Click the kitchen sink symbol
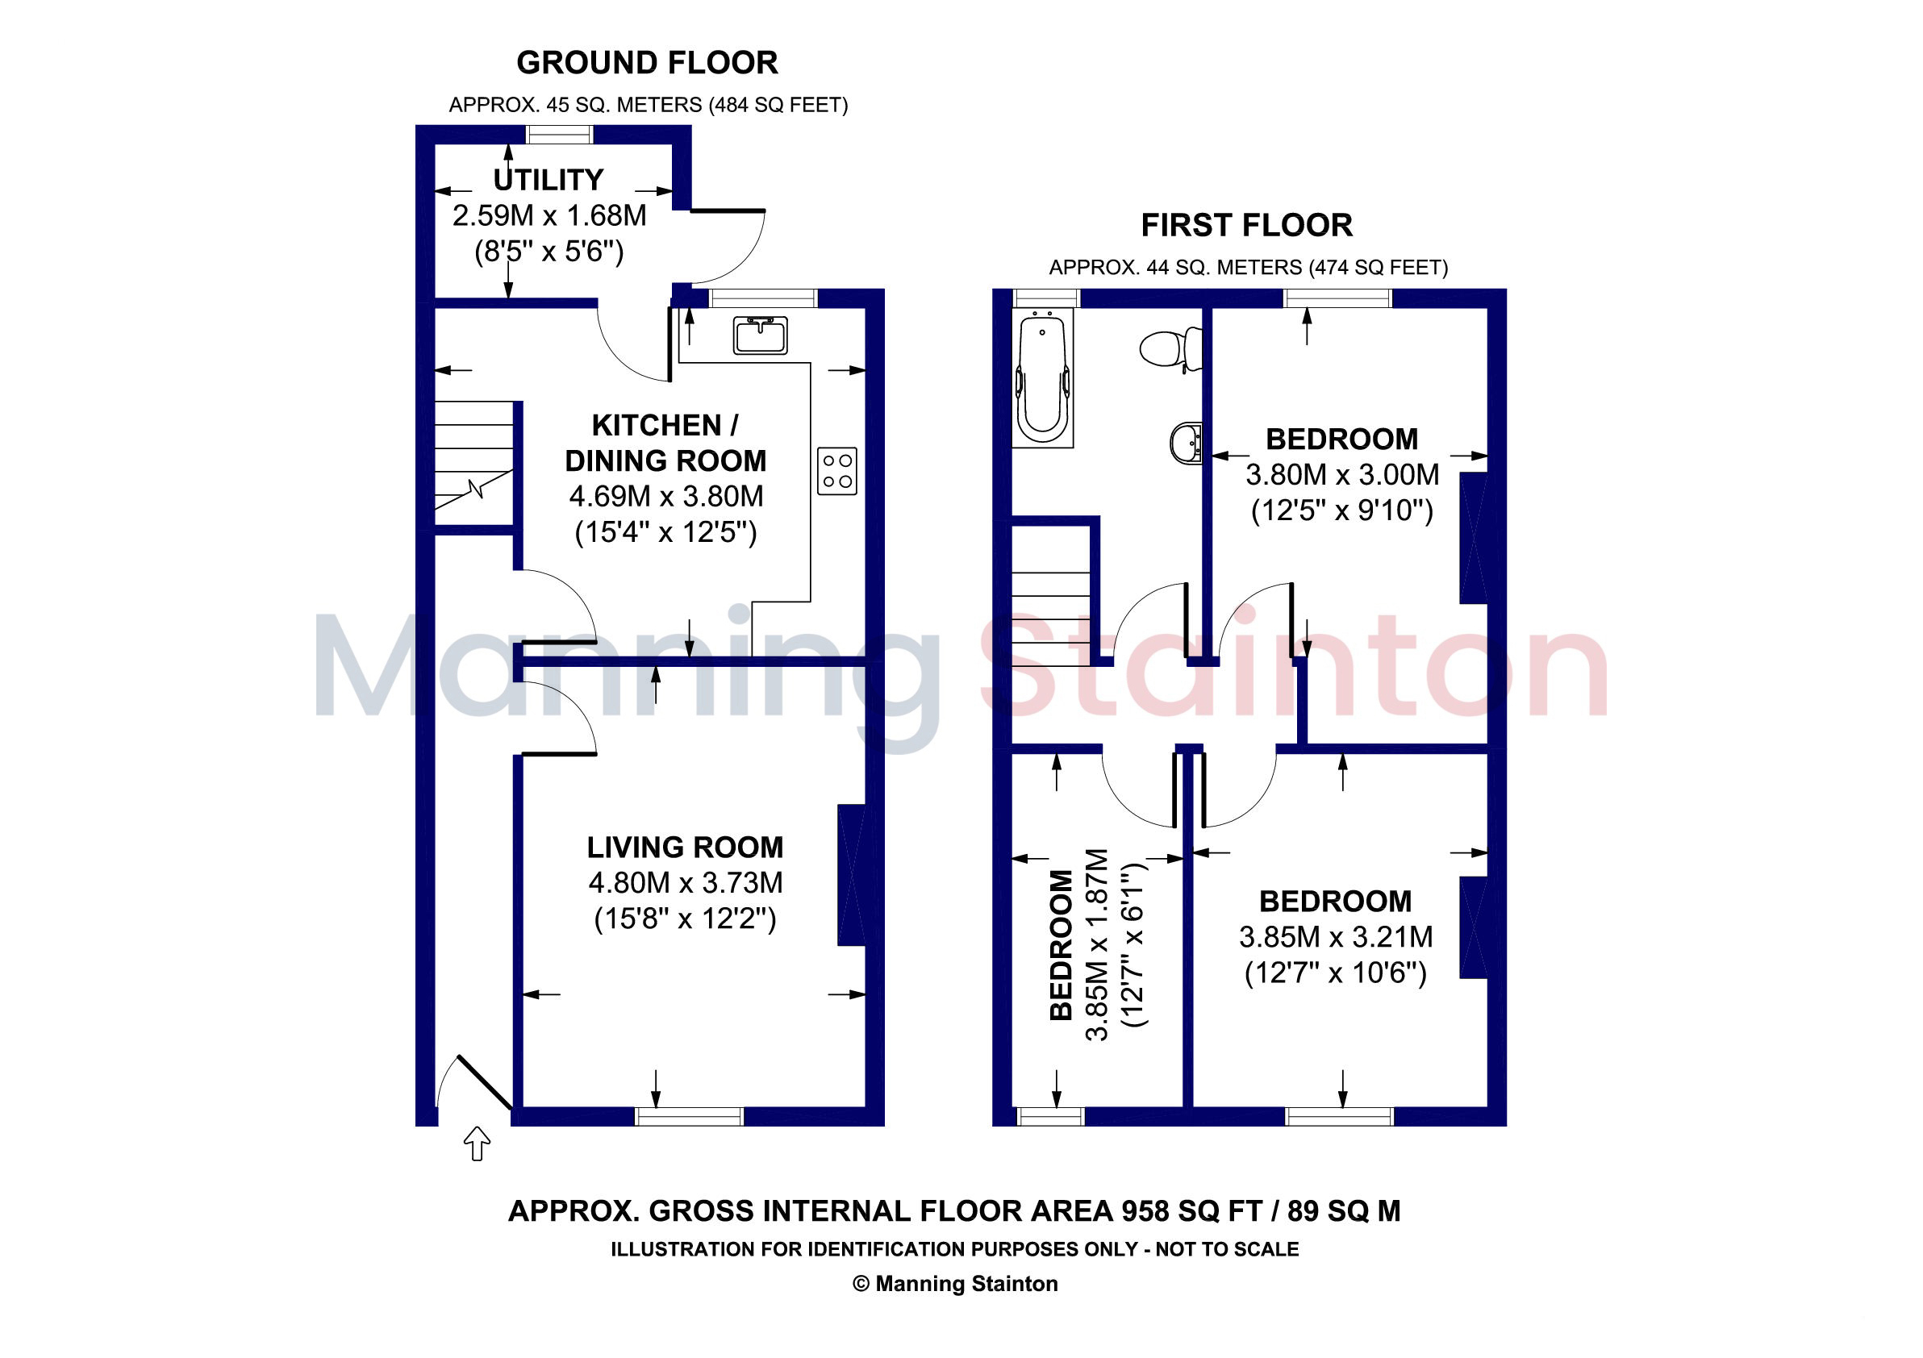tap(761, 335)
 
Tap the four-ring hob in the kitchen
tap(837, 470)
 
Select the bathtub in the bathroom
tap(1042, 377)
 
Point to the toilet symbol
tap(1171, 348)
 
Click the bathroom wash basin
tap(1186, 443)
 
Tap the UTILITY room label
tap(549, 180)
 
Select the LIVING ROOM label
tap(685, 848)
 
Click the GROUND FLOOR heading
tap(648, 63)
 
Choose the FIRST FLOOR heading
tap(1247, 225)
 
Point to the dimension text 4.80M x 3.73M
tap(686, 883)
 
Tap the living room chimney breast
tap(852, 876)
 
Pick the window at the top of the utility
tap(560, 134)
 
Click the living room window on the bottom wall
tap(690, 1116)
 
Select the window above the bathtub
tap(1047, 298)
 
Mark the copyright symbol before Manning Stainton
tap(861, 1285)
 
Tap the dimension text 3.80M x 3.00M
tap(1342, 475)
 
